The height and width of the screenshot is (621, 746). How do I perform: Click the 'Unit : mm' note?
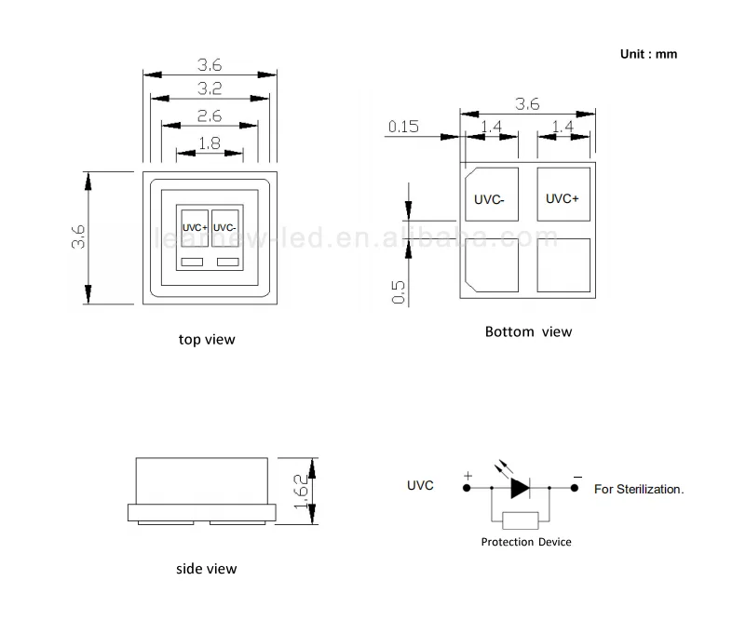click(648, 54)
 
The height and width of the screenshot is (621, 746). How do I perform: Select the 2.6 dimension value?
click(210, 116)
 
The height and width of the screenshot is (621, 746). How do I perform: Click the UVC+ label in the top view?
click(195, 227)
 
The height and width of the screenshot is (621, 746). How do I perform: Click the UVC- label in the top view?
click(225, 227)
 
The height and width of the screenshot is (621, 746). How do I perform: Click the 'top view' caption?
click(207, 340)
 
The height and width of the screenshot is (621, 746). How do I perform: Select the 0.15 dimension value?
click(403, 127)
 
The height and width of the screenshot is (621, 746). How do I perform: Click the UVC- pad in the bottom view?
click(492, 198)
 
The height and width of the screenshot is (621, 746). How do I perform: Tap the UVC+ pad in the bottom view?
click(563, 198)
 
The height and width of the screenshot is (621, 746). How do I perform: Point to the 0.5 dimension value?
click(398, 291)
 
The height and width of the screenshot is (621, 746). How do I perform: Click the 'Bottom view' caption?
click(528, 331)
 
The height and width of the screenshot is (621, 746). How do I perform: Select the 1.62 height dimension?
click(299, 493)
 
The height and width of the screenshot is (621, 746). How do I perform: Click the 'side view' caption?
click(207, 569)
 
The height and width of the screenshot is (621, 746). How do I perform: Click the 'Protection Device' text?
click(526, 542)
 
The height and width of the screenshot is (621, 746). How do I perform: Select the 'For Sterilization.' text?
click(638, 488)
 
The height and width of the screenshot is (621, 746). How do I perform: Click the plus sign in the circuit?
click(468, 475)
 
